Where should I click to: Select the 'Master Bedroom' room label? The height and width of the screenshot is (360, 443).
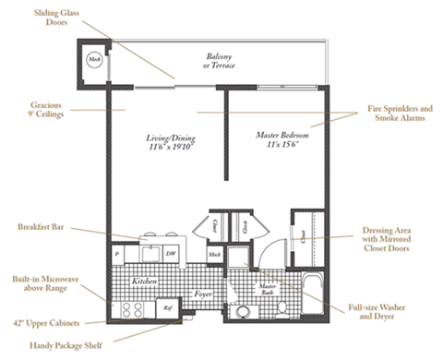(x=280, y=140)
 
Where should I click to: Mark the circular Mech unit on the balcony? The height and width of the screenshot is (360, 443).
(x=94, y=59)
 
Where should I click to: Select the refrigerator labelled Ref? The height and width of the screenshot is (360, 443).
(x=168, y=308)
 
